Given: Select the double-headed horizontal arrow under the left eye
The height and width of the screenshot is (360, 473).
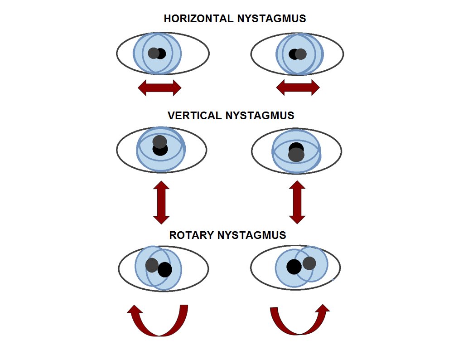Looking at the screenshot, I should [x=159, y=88].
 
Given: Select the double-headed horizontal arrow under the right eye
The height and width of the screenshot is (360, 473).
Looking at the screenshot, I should [x=298, y=88].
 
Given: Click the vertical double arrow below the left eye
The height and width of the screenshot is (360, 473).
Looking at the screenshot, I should [x=161, y=203].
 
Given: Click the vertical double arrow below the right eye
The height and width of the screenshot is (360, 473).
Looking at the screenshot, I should [x=297, y=202].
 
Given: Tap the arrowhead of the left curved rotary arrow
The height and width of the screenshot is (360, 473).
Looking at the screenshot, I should [x=134, y=310].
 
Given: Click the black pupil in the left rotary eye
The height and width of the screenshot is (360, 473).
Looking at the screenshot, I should [x=165, y=270].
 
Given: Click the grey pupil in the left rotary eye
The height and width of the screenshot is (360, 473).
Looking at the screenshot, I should [x=152, y=265].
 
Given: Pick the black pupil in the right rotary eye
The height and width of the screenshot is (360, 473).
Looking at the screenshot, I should [x=294, y=267].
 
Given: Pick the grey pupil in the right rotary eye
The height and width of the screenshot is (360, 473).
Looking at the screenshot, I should [x=309, y=263].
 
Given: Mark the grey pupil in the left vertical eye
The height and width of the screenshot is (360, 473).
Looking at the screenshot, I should [x=159, y=141].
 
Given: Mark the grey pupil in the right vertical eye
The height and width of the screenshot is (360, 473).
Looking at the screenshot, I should [x=296, y=155].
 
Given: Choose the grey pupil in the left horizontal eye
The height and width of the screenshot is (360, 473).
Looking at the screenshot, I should [x=153, y=53].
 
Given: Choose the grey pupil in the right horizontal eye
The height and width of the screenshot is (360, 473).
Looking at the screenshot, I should [x=301, y=54].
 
